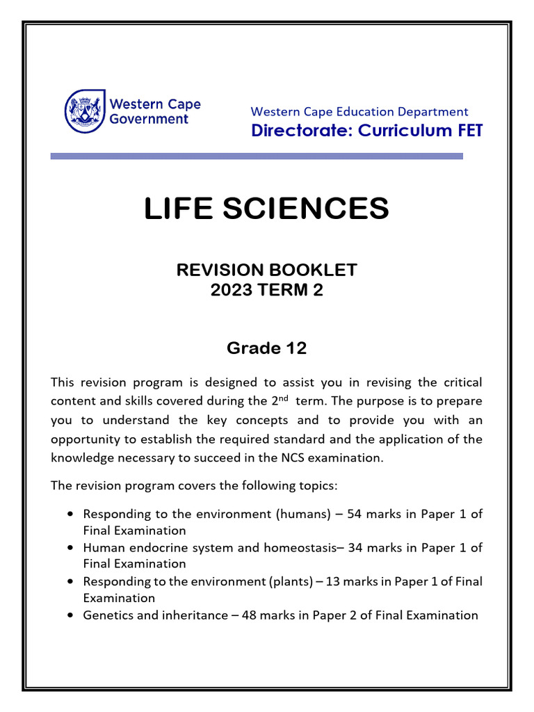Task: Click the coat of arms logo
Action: click(86, 111)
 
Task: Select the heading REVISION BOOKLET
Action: click(266, 270)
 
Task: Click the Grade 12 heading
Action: click(266, 348)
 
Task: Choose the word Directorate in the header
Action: click(300, 131)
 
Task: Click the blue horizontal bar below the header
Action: click(257, 156)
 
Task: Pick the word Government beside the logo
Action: click(149, 119)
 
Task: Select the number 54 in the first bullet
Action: click(366, 514)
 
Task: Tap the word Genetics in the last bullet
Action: click(106, 615)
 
